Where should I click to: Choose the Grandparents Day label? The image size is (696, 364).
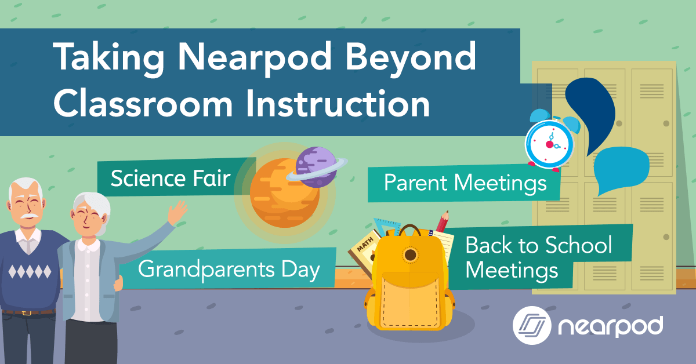229,270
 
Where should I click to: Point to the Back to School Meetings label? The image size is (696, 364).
538,258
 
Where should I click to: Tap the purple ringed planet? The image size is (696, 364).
316,166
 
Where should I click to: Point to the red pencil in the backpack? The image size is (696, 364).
444,223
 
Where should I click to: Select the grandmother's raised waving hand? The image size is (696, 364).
177,212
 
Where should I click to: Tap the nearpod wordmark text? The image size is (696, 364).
609,327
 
